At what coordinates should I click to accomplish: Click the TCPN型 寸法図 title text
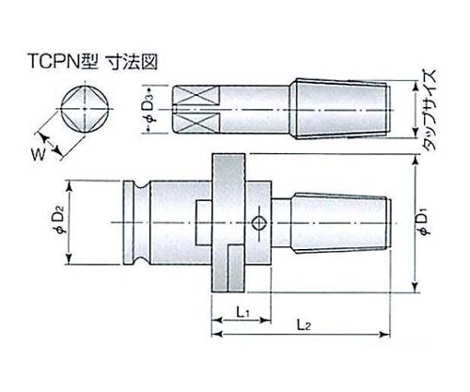click(x=93, y=61)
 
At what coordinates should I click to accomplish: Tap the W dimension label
click(x=38, y=154)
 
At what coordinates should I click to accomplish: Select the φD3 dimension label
click(x=150, y=109)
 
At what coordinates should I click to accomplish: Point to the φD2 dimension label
click(x=61, y=223)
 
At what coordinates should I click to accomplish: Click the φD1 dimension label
click(x=426, y=223)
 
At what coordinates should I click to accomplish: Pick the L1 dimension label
click(x=243, y=311)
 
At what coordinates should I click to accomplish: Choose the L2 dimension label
click(x=304, y=326)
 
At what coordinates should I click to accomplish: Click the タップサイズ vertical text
click(x=429, y=110)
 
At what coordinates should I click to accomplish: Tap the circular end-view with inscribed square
click(x=86, y=109)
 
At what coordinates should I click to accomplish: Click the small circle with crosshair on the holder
click(x=259, y=223)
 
